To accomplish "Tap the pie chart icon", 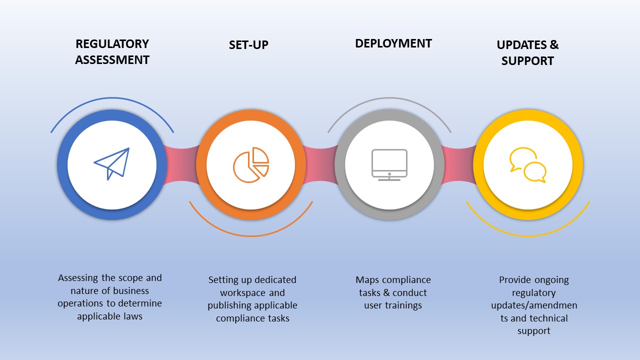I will click(251, 164).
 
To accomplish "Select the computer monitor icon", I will click(389, 164).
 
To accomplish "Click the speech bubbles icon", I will click(528, 165).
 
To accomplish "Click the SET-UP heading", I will click(248, 45).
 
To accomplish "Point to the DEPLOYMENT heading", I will click(393, 43).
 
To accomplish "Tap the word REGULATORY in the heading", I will click(112, 44).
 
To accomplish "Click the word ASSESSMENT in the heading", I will click(112, 60).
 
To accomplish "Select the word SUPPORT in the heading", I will click(527, 61).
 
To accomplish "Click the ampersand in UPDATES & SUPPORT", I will click(554, 45).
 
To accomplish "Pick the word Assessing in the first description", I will click(80, 278).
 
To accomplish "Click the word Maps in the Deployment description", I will click(367, 280).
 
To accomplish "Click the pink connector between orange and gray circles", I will click(319, 164).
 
